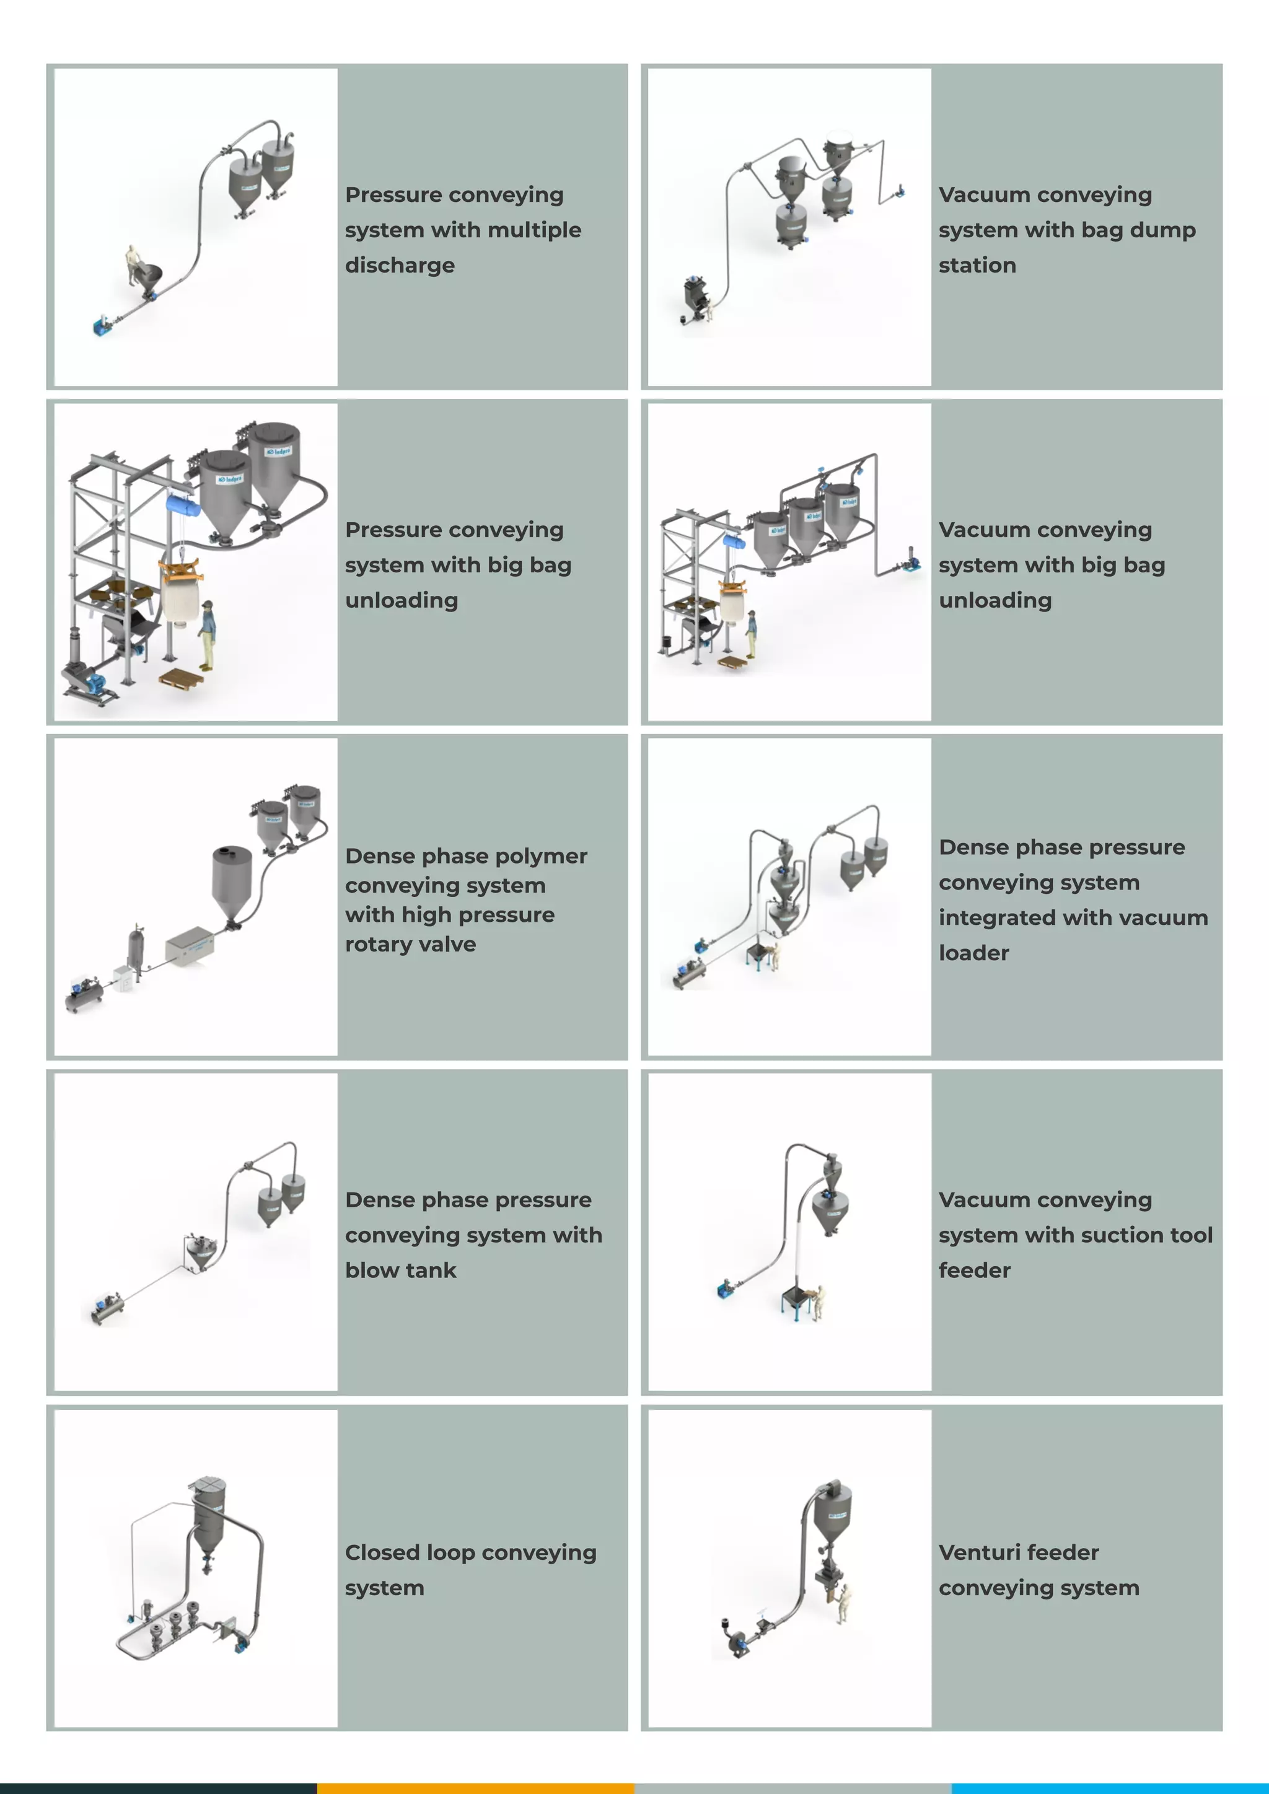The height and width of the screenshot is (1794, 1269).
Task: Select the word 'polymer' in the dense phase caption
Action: pos(544,855)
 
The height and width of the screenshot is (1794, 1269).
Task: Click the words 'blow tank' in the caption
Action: pos(400,1270)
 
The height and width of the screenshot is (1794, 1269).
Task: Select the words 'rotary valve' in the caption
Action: pos(410,944)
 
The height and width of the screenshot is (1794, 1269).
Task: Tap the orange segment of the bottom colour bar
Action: pos(475,1788)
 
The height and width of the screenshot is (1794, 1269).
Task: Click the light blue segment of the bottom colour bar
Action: pos(1110,1788)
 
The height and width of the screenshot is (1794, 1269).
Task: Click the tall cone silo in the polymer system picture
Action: pos(232,882)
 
